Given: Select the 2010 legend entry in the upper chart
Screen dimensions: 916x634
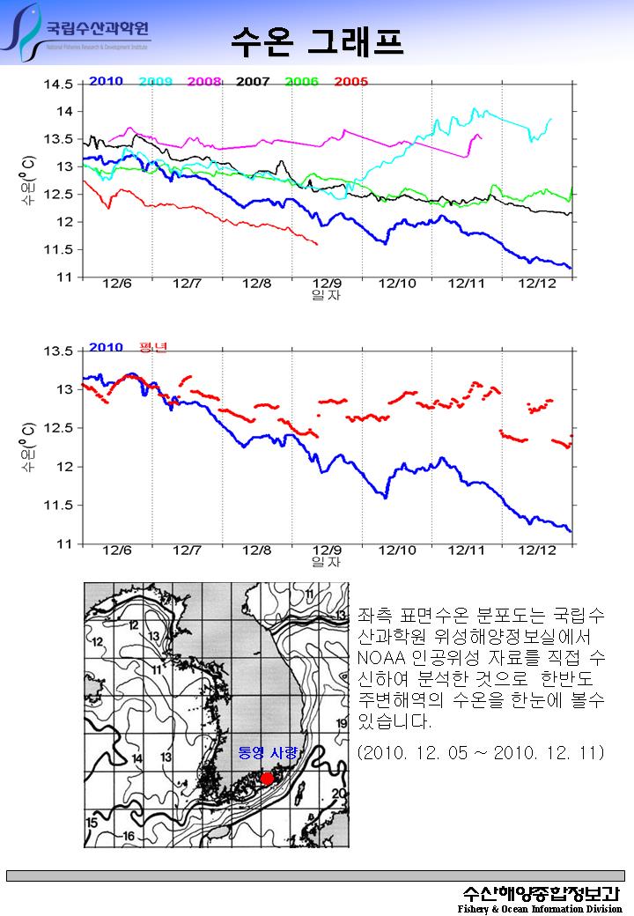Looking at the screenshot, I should [x=106, y=81].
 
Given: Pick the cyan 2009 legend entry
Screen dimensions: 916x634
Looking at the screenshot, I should [x=156, y=81].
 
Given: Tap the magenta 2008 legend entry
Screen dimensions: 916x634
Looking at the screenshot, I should [x=204, y=81].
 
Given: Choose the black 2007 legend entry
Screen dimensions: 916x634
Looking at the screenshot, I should [x=253, y=81].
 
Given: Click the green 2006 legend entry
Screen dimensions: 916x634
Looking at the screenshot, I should [x=301, y=81].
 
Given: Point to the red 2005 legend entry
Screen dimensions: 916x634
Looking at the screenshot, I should [x=350, y=81].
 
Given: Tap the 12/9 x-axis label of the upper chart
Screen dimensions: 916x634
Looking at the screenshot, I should [x=327, y=284].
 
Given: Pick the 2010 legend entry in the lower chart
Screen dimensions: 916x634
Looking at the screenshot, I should [x=106, y=348].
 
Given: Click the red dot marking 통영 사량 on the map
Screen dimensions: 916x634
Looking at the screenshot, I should [x=267, y=778].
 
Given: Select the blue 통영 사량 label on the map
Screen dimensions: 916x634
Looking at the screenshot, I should [x=269, y=754].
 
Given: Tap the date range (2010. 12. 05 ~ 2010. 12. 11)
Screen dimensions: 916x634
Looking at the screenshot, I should [x=480, y=754].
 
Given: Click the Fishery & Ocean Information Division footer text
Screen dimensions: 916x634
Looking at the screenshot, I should [x=540, y=909].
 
